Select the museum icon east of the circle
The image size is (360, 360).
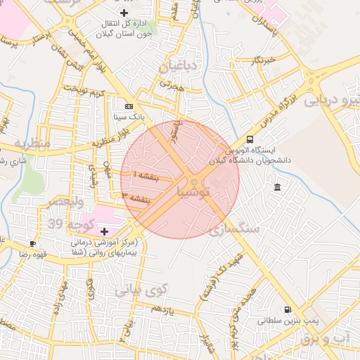pyautogui.click(x=277, y=187)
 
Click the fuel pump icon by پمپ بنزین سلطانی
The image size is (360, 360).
pyautogui.click(x=287, y=309)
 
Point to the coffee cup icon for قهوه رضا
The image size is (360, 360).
pyautogui.click(x=32, y=243)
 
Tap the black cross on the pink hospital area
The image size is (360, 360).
pyautogui.click(x=105, y=231)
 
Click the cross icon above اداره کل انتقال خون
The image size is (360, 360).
pyautogui.click(x=124, y=13)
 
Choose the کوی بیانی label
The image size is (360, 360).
pyautogui.click(x=141, y=289)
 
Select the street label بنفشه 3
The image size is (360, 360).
pyautogui.click(x=134, y=198)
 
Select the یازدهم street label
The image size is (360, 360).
pyautogui.click(x=162, y=308)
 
